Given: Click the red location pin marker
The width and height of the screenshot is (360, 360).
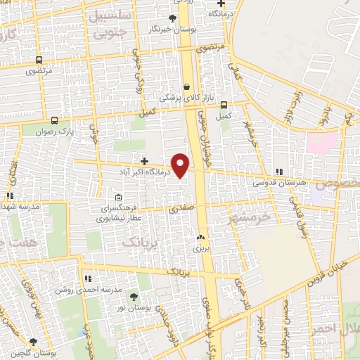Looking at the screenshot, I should click(x=181, y=165).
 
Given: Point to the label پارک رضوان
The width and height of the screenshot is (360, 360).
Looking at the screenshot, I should click(x=57, y=131).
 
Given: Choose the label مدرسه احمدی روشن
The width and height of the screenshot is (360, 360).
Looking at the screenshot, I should click(x=89, y=289).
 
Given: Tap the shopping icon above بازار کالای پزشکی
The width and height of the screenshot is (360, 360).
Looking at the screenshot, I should click(x=186, y=87).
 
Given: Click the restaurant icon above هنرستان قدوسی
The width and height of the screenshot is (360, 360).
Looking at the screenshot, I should click(x=279, y=171).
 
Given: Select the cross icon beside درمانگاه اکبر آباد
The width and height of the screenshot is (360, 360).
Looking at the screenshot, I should click(x=144, y=161).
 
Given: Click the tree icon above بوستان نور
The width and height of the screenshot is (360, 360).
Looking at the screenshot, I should click(x=134, y=298).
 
